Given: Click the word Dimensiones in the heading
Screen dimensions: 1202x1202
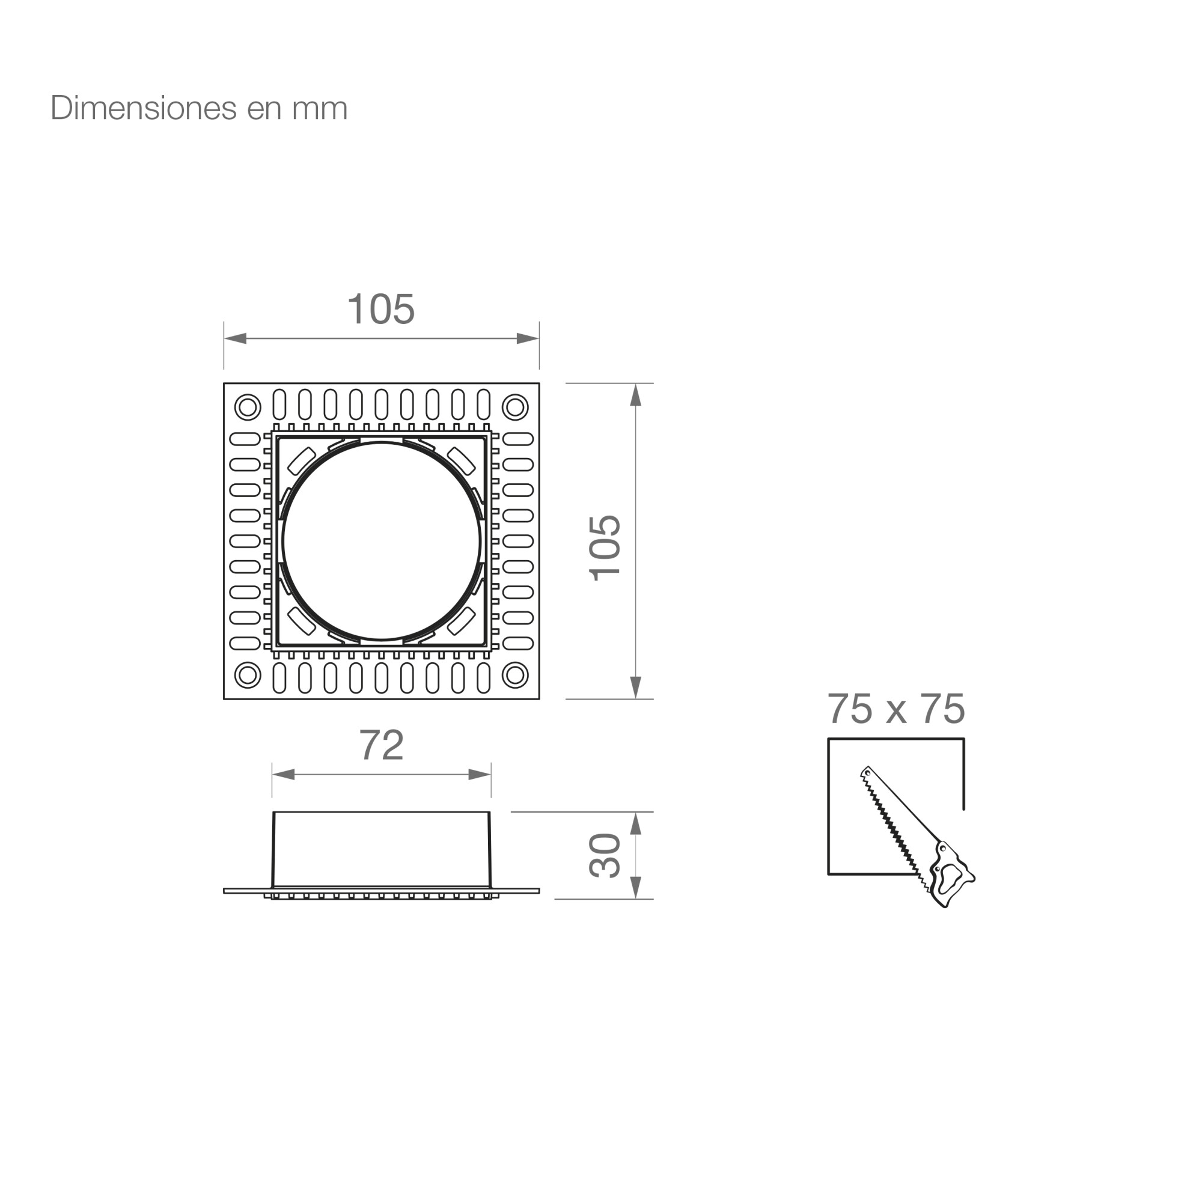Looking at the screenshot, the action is pyautogui.click(x=144, y=108).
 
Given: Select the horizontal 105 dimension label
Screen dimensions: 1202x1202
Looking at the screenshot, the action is pyautogui.click(x=381, y=309).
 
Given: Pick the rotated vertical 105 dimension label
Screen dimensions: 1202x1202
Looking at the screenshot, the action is pyautogui.click(x=605, y=548).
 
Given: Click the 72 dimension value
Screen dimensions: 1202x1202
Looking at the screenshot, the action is pyautogui.click(x=382, y=745).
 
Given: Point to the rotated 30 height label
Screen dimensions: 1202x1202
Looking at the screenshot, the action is pyautogui.click(x=605, y=855).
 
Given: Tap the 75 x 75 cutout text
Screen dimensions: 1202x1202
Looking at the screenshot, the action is pyautogui.click(x=896, y=709).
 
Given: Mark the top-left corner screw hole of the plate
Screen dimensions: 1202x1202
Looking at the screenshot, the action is pyautogui.click(x=248, y=407).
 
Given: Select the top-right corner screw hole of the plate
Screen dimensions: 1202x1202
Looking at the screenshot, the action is pyautogui.click(x=515, y=407).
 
